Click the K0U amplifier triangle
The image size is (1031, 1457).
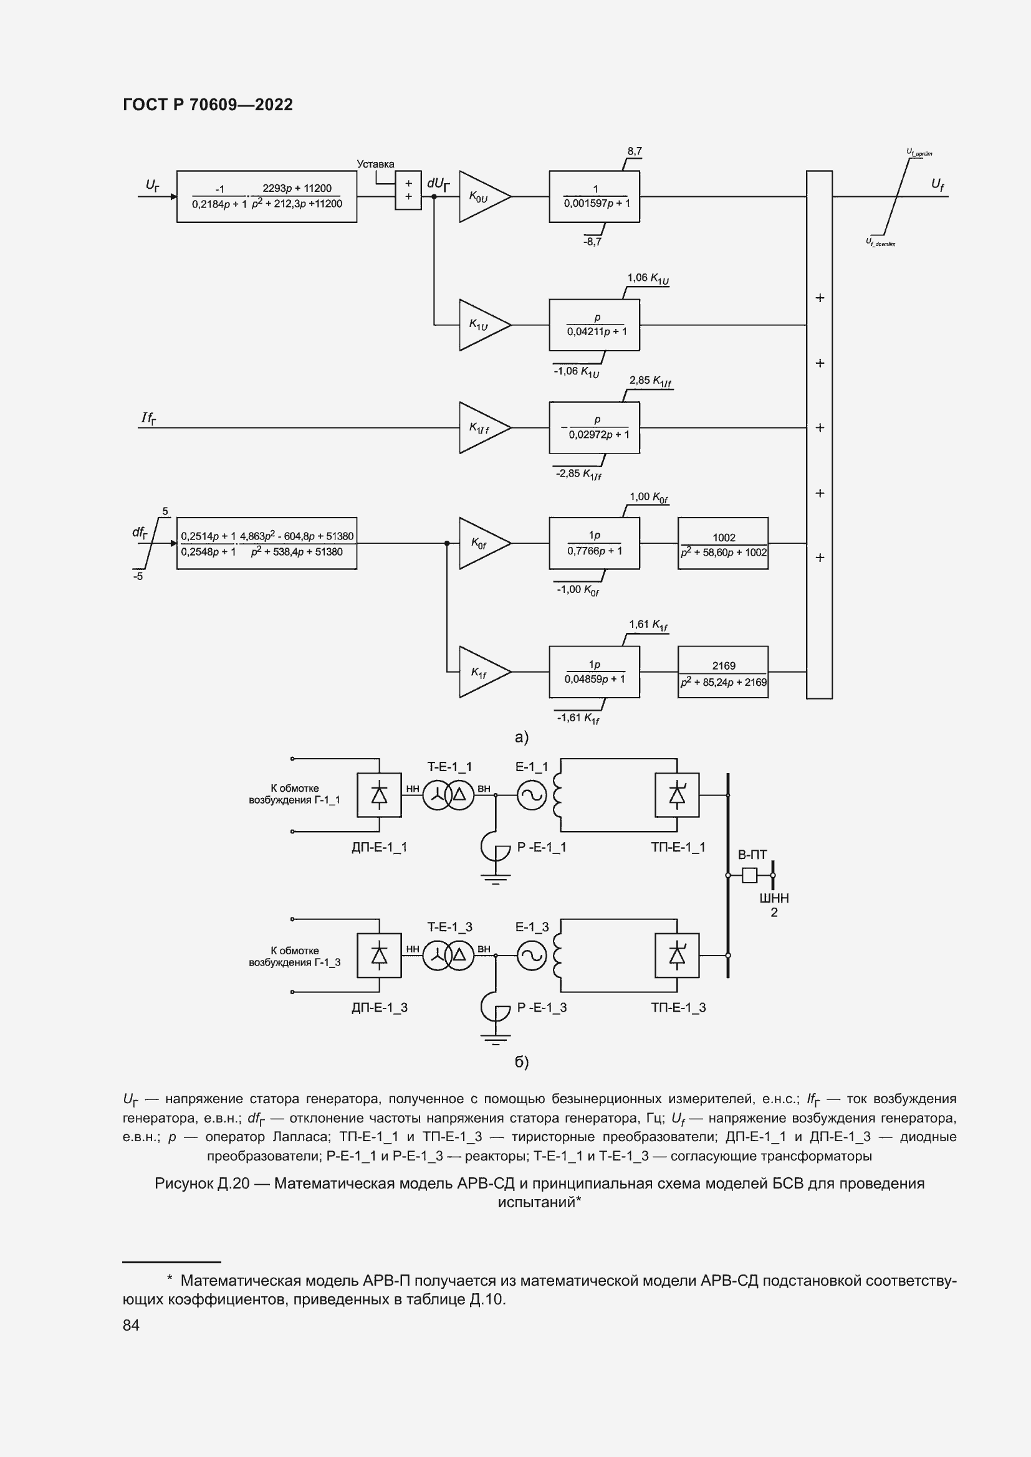pyautogui.click(x=483, y=197)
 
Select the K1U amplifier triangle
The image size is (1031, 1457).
pyautogui.click(x=483, y=325)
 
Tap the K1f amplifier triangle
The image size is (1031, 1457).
pyautogui.click(x=483, y=672)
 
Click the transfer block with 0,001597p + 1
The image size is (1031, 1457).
pyautogui.click(x=594, y=197)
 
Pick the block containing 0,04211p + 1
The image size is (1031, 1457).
pyautogui.click(x=594, y=325)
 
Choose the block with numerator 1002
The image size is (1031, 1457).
pyautogui.click(x=723, y=544)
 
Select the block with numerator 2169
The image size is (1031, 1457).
pyautogui.click(x=723, y=672)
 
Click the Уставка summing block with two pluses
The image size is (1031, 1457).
pyautogui.click(x=408, y=190)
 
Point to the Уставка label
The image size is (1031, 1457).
pyautogui.click(x=375, y=164)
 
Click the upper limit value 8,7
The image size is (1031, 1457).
pyautogui.click(x=635, y=151)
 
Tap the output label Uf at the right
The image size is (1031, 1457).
pyautogui.click(x=937, y=184)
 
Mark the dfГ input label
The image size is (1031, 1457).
pyautogui.click(x=140, y=533)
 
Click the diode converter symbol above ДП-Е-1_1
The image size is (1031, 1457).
pyautogui.click(x=379, y=794)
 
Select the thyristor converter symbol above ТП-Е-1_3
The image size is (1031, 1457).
pyautogui.click(x=677, y=955)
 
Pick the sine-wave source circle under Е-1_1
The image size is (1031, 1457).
pyautogui.click(x=531, y=794)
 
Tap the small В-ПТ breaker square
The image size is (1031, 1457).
pyautogui.click(x=750, y=876)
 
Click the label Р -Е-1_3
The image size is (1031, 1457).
pyautogui.click(x=542, y=1008)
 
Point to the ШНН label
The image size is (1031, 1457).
pyautogui.click(x=774, y=899)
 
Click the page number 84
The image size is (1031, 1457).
pyautogui.click(x=131, y=1325)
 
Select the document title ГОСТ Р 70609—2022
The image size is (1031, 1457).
pyautogui.click(x=208, y=105)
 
